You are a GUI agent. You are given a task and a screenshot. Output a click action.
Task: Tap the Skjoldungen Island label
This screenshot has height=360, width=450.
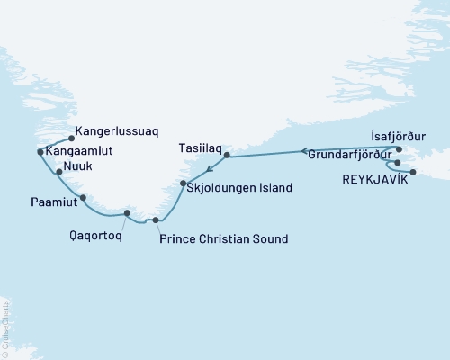242,188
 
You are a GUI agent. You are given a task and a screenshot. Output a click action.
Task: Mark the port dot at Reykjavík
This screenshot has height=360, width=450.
413,172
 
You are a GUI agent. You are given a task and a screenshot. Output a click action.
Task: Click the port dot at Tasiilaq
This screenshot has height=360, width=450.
227,156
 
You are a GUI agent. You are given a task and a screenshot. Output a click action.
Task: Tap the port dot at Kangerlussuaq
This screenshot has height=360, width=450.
70,139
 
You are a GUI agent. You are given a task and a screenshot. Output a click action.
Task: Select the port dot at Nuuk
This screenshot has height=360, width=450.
58,171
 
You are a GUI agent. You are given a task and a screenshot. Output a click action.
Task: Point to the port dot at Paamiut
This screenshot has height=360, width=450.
83,198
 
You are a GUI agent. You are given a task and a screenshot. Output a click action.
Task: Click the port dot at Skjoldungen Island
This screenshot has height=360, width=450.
184,184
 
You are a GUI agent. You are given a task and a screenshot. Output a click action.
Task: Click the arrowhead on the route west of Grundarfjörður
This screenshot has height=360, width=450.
304,150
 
